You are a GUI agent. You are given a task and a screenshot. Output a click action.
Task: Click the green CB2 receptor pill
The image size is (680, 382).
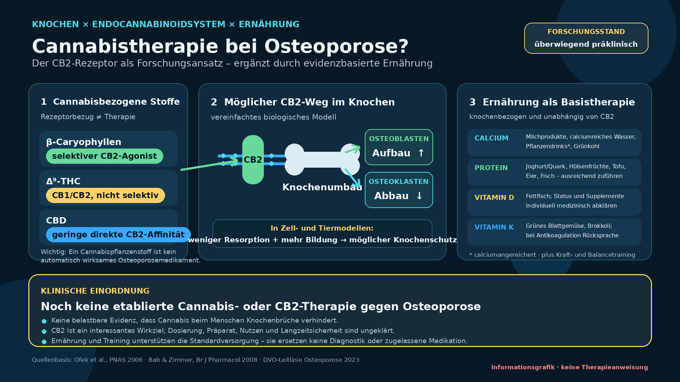pyautogui.click(x=253, y=160)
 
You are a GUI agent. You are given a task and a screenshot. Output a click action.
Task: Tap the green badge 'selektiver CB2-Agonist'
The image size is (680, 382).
pyautogui.click(x=104, y=156)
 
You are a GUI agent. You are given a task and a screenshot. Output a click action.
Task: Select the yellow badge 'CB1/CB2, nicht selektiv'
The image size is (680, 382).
pyautogui.click(x=106, y=195)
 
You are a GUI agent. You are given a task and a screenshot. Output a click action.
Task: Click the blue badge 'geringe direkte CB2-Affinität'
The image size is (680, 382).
pyautogui.click(x=118, y=235)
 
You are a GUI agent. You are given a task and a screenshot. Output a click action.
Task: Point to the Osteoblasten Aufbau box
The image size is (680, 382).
pyautogui.click(x=399, y=147)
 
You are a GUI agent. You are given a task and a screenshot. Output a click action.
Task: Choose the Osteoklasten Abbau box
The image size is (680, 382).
pyautogui.click(x=399, y=190)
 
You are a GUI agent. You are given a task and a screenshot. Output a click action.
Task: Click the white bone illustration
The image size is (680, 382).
pyautogui.click(x=322, y=160)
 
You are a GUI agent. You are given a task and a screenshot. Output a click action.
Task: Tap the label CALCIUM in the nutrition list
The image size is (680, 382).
pyautogui.click(x=491, y=138)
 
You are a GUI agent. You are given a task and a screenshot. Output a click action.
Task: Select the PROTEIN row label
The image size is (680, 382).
pyautogui.click(x=491, y=168)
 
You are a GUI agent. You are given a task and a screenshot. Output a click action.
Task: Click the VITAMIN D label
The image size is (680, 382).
pyautogui.click(x=494, y=197)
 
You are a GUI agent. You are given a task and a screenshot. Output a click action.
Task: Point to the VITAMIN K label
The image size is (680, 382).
pyautogui.click(x=494, y=227)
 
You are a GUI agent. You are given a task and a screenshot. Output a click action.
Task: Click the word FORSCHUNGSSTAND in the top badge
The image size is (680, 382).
pyautogui.click(x=586, y=31)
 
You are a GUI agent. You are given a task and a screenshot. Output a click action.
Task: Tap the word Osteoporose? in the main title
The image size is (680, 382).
pyautogui.click(x=336, y=46)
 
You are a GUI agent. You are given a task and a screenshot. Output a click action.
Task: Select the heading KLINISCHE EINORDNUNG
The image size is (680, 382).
pyautogui.click(x=95, y=291)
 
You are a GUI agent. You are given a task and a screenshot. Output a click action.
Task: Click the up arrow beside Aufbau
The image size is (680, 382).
pyautogui.click(x=421, y=153)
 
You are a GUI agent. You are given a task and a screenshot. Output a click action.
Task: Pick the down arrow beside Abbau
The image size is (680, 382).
pyautogui.click(x=419, y=196)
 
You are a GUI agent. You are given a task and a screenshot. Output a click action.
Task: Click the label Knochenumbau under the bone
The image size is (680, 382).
pyautogui.click(x=322, y=187)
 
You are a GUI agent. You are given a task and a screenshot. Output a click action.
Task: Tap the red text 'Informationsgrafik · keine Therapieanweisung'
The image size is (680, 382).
pyautogui.click(x=569, y=367)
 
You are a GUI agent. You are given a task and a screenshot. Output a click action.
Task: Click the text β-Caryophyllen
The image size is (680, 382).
pyautogui.click(x=84, y=142)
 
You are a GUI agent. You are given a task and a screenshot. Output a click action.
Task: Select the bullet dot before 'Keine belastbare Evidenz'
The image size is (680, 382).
pyautogui.click(x=44, y=321)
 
